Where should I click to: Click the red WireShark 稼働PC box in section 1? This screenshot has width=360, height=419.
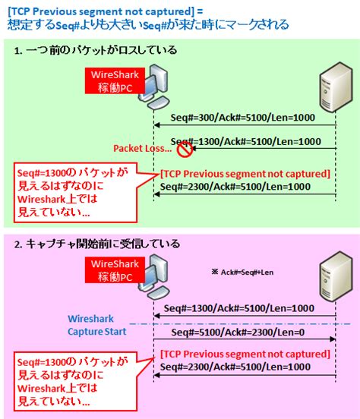pos(112,80)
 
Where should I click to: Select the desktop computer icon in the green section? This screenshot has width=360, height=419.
pos(158,89)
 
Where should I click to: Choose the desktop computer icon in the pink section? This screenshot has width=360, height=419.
pos(158,282)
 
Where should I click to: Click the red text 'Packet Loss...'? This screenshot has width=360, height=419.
pos(142,148)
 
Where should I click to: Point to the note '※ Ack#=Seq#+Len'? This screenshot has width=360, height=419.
pos(244,270)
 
